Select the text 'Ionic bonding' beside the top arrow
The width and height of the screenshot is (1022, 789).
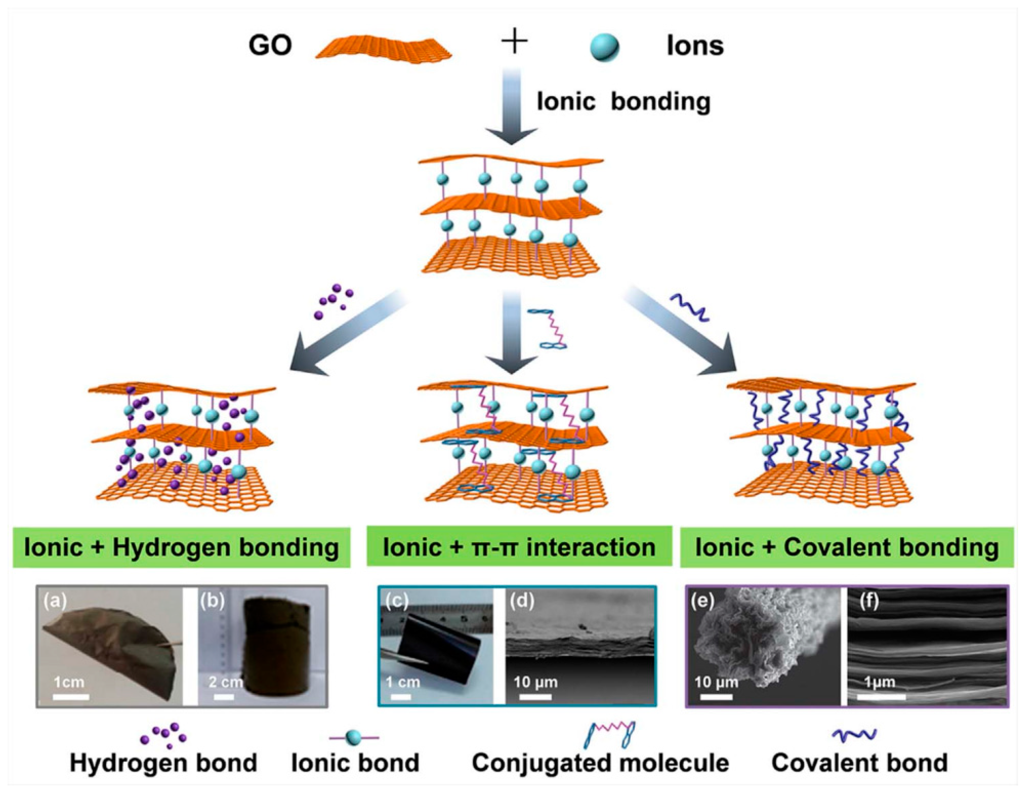[x=623, y=102]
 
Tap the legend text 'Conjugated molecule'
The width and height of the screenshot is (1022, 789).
[x=600, y=763]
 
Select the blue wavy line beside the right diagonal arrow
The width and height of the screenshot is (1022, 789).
[x=690, y=307]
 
